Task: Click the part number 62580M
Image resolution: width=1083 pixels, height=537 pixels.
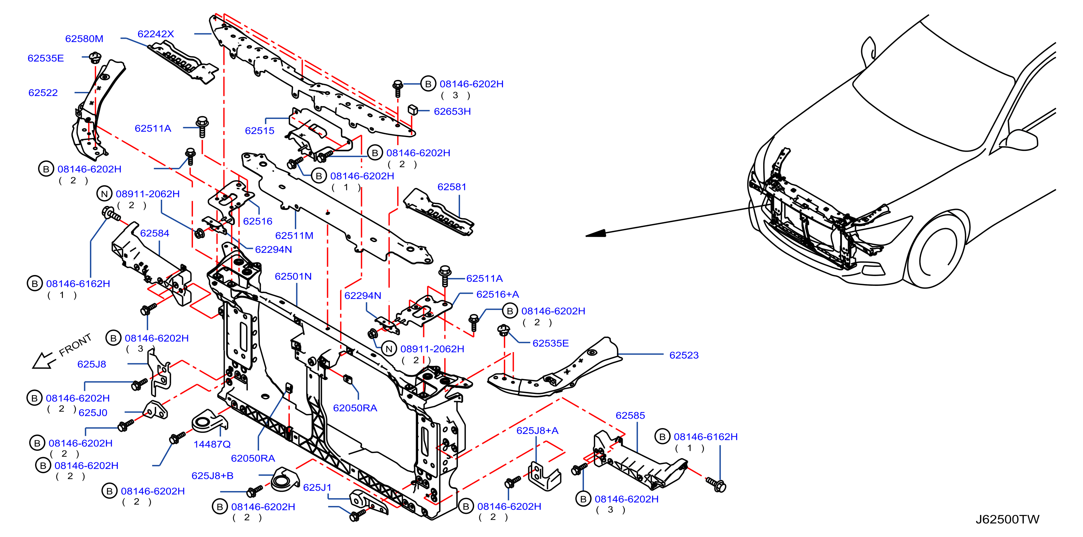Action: click(x=84, y=39)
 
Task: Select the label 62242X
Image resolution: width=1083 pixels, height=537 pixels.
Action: click(x=155, y=34)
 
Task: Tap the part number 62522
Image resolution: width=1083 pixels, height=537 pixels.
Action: click(x=43, y=93)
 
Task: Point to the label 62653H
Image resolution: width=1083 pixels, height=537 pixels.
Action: click(x=452, y=111)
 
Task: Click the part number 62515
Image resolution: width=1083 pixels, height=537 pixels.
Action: click(x=259, y=131)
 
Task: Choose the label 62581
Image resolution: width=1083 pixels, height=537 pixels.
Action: click(x=452, y=187)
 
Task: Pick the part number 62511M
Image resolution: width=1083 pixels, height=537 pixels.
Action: click(x=294, y=236)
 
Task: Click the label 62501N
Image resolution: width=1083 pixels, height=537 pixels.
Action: click(x=293, y=276)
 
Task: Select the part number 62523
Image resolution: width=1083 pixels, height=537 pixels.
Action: click(x=684, y=355)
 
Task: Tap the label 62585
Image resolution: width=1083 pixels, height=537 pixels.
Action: click(x=630, y=416)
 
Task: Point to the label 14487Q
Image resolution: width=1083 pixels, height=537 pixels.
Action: click(x=212, y=444)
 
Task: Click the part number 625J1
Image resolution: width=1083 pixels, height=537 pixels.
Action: click(x=317, y=488)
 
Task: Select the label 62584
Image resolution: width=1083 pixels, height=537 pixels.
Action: click(x=154, y=233)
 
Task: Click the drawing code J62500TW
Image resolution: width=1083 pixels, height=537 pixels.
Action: click(x=1007, y=519)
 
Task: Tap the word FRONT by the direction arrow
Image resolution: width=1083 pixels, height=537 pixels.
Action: click(x=75, y=345)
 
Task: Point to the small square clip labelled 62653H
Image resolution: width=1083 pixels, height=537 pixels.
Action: click(x=412, y=110)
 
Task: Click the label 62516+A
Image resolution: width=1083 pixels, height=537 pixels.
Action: click(x=497, y=295)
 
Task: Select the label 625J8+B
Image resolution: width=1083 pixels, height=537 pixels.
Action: click(x=212, y=476)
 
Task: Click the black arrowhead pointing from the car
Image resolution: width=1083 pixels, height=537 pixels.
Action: click(x=596, y=233)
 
